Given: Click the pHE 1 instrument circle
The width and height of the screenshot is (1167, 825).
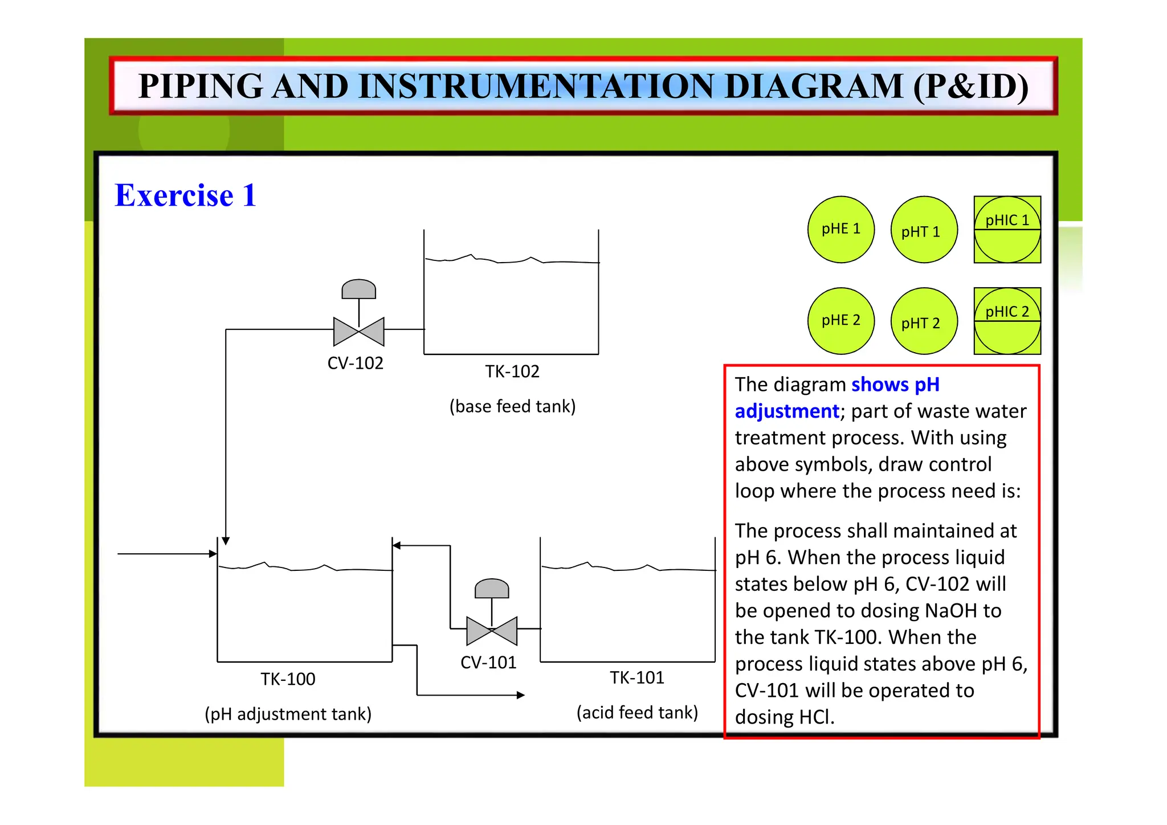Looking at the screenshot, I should coord(840,230).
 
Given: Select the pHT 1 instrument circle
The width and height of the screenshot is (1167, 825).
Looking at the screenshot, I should coord(924,230).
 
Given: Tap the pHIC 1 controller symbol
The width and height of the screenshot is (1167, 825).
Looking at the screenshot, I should coord(1007,230).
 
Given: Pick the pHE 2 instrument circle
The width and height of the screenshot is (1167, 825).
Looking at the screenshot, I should coord(840,321).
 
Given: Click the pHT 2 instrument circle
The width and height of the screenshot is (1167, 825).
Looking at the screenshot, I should coord(924,321).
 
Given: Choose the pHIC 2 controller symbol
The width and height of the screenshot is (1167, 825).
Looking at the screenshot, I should coord(1007,321).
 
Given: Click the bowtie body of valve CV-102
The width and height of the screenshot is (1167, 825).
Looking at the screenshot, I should coord(358,332).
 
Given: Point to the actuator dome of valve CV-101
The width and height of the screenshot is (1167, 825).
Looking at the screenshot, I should coord(491,589).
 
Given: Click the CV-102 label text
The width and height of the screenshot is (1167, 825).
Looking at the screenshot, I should coord(355,363).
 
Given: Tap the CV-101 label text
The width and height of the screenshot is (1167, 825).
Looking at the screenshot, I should coord(488,663).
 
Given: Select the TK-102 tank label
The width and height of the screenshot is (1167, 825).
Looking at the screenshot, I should coord(512,371).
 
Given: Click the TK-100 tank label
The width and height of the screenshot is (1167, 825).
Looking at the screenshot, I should coord(288,679).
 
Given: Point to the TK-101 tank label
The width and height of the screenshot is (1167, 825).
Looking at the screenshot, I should coord(636,677).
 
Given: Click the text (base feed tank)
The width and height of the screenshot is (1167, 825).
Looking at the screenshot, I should coord(512,406).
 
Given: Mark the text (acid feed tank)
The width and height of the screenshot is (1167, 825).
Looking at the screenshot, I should coord(637,712).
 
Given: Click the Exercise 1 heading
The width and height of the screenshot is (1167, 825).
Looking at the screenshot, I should coord(185,195).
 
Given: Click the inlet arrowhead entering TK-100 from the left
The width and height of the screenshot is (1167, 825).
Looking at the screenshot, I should coord(213,553).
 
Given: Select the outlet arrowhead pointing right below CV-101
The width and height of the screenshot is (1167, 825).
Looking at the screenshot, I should coord(520,695).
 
